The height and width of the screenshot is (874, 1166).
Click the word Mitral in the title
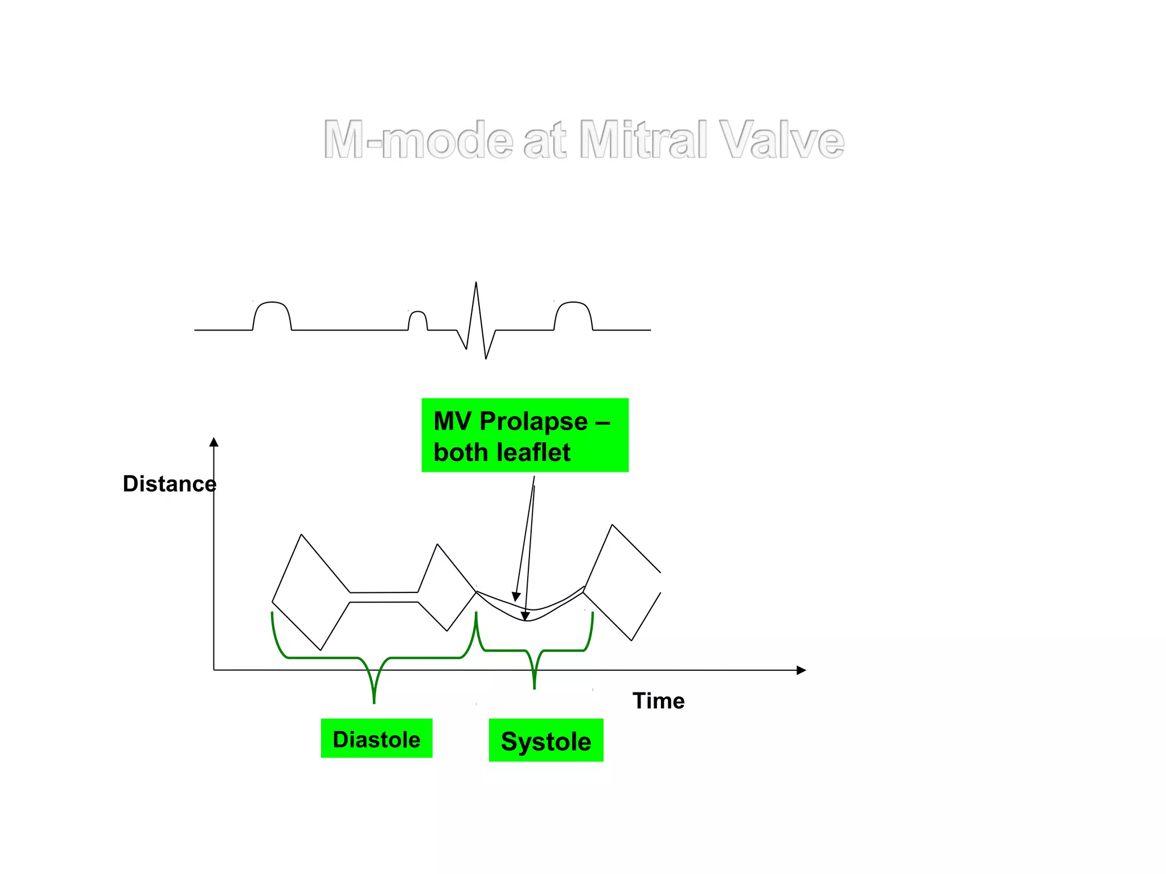click(x=643, y=140)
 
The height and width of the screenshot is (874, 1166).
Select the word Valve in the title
click(x=781, y=140)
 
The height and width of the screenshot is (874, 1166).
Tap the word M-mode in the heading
click(x=418, y=140)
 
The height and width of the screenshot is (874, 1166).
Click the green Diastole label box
click(x=376, y=739)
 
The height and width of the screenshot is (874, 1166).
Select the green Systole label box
click(x=546, y=740)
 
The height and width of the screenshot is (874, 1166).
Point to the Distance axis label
click(x=169, y=484)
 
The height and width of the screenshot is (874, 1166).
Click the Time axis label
click(x=658, y=700)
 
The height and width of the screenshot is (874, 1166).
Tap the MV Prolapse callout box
click(x=524, y=435)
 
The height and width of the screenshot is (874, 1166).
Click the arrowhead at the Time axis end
click(x=802, y=670)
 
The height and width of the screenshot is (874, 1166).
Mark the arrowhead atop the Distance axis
click(x=214, y=442)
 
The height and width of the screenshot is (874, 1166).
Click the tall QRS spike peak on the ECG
click(x=476, y=283)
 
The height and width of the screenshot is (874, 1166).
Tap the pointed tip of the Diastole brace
click(x=374, y=702)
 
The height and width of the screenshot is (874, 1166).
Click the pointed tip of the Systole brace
click(x=534, y=688)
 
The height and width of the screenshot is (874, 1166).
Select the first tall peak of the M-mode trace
click(x=301, y=535)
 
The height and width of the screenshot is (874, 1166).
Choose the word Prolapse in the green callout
click(x=533, y=422)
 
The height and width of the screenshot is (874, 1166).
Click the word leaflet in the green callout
click(x=533, y=453)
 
